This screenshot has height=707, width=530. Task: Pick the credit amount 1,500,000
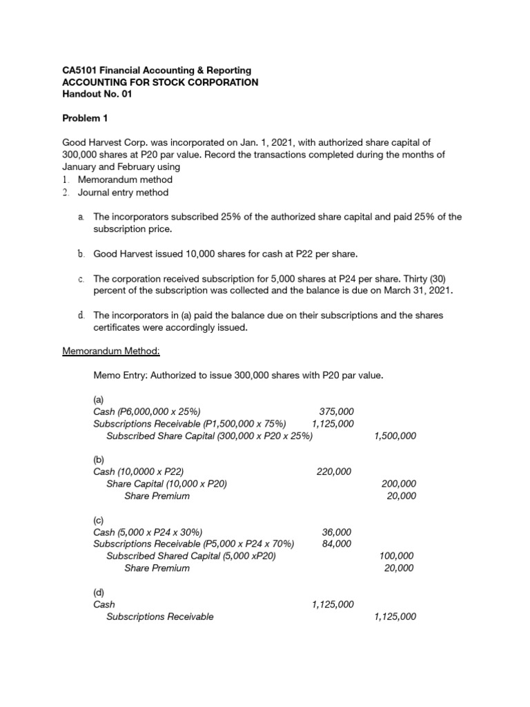[x=395, y=436]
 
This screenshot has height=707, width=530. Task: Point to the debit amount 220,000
[x=334, y=472]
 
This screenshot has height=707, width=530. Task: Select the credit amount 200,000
[x=398, y=484]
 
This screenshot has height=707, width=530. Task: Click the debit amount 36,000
[x=337, y=532]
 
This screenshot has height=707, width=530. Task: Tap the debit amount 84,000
[x=337, y=544]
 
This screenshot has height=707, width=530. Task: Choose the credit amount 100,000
[x=397, y=556]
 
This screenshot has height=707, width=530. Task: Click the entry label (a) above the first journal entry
[x=99, y=400]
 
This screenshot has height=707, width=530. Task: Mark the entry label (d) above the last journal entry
[x=99, y=592]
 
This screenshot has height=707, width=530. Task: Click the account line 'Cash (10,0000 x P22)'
[x=138, y=472]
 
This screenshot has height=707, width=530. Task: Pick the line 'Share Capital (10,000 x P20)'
[x=166, y=484]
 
